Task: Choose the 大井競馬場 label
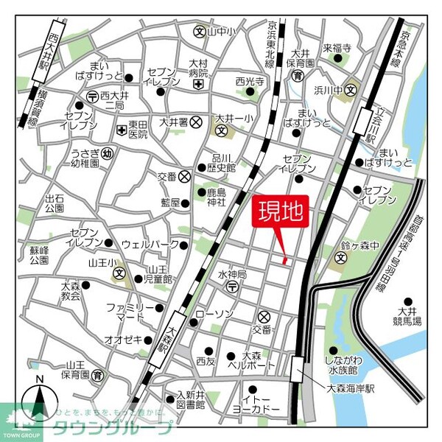(x=407, y=316)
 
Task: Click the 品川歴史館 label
(x=223, y=163)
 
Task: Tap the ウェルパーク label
(x=145, y=243)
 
